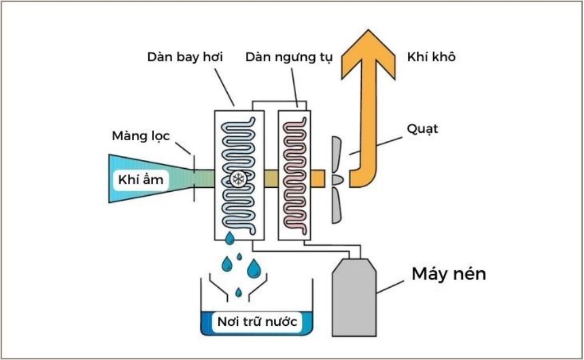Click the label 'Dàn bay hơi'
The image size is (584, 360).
[185, 57]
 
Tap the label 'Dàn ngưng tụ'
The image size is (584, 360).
[289, 57]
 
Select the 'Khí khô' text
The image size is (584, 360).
[431, 57]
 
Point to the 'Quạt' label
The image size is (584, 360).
[422, 129]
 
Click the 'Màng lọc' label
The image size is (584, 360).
[141, 136]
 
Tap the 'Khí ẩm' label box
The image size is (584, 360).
[141, 180]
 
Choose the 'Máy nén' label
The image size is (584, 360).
[449, 274]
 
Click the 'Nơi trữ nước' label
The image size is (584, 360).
[257, 321]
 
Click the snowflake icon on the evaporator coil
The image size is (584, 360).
[238, 179]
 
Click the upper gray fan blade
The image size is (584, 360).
[337, 154]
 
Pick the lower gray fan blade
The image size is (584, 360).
[337, 205]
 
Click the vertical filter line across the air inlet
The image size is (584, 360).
[194, 178]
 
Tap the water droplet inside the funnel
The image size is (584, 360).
[239, 293]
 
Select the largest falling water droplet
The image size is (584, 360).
[254, 269]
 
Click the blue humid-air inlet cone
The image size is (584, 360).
[151, 178]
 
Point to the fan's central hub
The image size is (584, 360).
[337, 180]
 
